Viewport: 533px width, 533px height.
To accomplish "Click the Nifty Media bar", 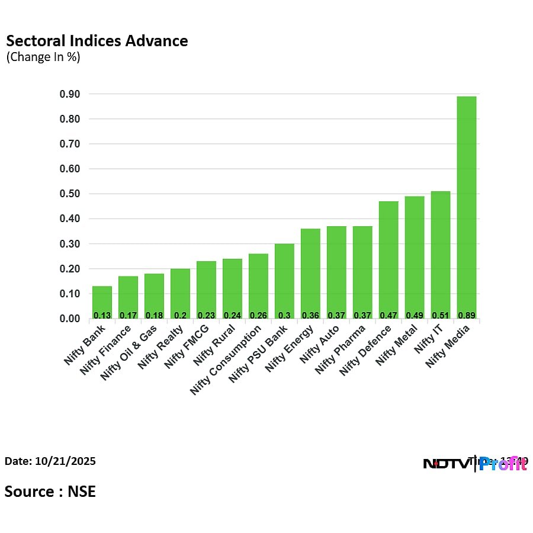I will pyautogui.click(x=467, y=207).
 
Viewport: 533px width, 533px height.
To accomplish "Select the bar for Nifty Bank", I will pyautogui.click(x=102, y=302).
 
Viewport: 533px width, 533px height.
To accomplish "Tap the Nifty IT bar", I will pyautogui.click(x=441, y=255).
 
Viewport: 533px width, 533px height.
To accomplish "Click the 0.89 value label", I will pyautogui.click(x=467, y=315).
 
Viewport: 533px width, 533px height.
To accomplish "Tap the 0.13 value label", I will pyautogui.click(x=102, y=315).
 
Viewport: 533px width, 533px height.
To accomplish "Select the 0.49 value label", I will pyautogui.click(x=415, y=315).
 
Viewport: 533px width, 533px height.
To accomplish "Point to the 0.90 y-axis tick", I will pyautogui.click(x=70, y=94).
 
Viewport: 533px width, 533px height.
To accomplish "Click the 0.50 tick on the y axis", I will pyautogui.click(x=70, y=194).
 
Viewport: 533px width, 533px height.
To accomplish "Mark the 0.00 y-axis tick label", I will pyautogui.click(x=70, y=319).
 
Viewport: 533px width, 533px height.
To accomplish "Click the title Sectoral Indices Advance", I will pyautogui.click(x=97, y=41).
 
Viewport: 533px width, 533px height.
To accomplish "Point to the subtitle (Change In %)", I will pyautogui.click(x=43, y=57).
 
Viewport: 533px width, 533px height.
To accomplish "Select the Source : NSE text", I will pyautogui.click(x=50, y=491).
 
